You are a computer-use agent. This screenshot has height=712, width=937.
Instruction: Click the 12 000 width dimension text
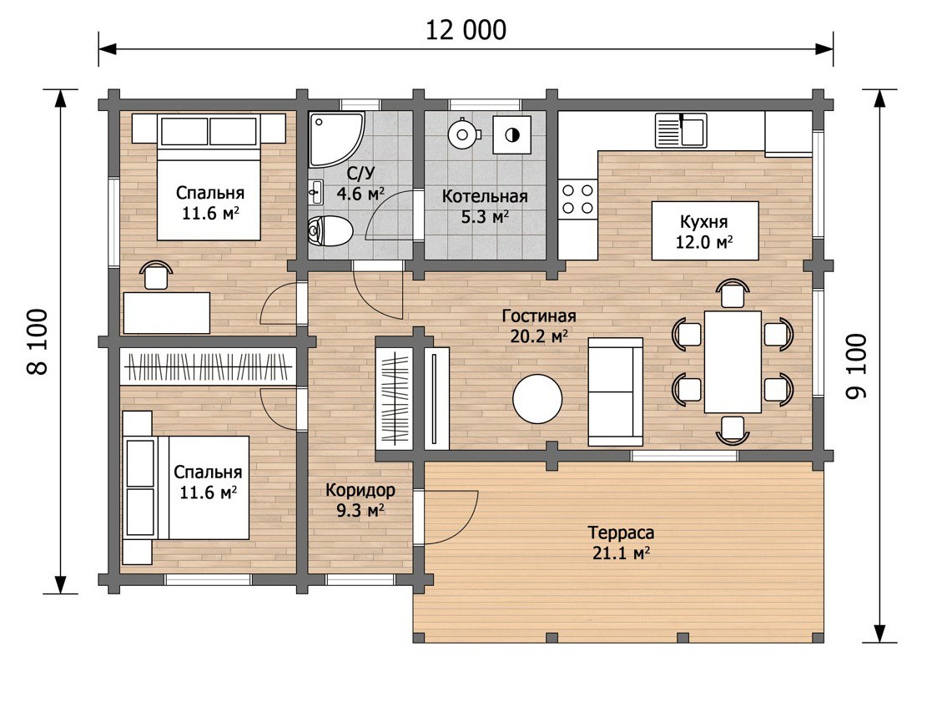tap(466, 30)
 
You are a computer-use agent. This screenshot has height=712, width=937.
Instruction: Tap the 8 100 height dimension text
tap(37, 341)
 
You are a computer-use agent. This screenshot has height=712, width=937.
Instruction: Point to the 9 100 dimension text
tap(856, 366)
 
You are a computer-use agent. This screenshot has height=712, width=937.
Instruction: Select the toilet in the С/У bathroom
tap(330, 230)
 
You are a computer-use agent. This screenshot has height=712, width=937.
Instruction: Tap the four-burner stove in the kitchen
tap(578, 199)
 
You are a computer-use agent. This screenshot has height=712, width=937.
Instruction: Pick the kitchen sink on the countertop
tap(680, 130)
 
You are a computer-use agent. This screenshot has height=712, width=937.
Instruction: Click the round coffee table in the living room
tap(537, 399)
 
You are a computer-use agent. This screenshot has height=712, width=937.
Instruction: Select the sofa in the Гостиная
tap(616, 391)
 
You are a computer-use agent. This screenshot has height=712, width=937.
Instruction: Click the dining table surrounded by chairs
tap(733, 361)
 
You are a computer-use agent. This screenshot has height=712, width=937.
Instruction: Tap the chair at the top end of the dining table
tap(733, 294)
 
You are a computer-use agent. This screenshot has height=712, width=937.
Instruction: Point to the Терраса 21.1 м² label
tap(621, 543)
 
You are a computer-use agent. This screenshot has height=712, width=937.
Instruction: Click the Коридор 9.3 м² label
tap(360, 500)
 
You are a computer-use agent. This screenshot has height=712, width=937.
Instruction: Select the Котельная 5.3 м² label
tap(485, 206)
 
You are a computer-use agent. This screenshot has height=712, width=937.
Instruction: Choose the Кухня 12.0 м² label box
tap(704, 230)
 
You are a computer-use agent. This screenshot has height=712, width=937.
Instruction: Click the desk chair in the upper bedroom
tap(155, 275)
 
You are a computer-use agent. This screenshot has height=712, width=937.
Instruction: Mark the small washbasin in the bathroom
tap(315, 192)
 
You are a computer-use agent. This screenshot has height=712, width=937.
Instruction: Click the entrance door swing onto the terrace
tap(450, 518)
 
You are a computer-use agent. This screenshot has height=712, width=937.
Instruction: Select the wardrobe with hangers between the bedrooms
tap(209, 366)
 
